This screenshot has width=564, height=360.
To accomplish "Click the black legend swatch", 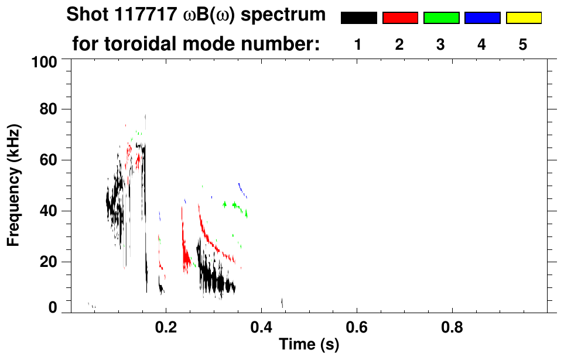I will click(x=358, y=18).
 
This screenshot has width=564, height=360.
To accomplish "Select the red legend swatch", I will click(x=400, y=18).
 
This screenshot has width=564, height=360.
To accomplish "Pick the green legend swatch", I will click(x=441, y=18).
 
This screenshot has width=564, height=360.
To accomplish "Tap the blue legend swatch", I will click(x=482, y=18).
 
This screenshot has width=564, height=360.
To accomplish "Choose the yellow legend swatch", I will click(x=523, y=18).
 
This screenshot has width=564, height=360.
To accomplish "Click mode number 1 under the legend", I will click(x=358, y=44).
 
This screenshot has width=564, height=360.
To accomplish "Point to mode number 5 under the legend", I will click(x=523, y=44).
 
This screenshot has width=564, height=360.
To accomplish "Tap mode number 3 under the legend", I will click(x=440, y=44).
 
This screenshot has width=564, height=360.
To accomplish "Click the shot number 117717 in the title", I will click(x=140, y=15).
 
